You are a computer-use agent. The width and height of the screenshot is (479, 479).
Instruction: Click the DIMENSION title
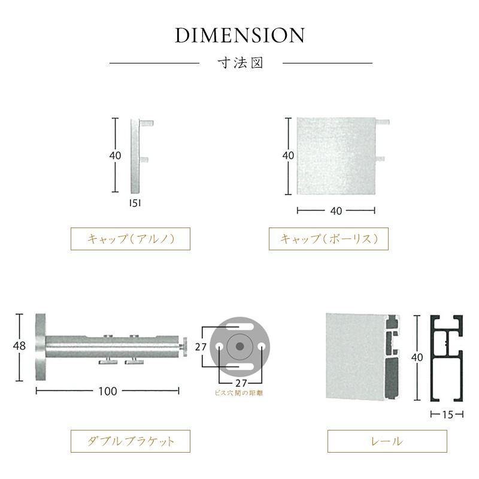[x=240, y=35]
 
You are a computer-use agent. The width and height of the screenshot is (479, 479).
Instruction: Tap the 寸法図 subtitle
[x=241, y=63]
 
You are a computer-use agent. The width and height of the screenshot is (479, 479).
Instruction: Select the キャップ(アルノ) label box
[x=131, y=238]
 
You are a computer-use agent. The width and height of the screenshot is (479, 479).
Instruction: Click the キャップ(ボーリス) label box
[x=328, y=238]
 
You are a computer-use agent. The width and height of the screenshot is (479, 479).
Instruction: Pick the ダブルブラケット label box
[x=131, y=441]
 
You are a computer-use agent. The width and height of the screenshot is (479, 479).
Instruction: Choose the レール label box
[x=387, y=441]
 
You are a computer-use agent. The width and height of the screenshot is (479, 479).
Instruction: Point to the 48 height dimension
[x=19, y=346]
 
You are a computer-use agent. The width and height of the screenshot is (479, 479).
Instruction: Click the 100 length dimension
[x=108, y=391]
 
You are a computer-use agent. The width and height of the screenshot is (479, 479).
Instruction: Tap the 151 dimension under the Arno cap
[x=135, y=203]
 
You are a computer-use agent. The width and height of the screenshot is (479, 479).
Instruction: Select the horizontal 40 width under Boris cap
[x=336, y=211]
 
